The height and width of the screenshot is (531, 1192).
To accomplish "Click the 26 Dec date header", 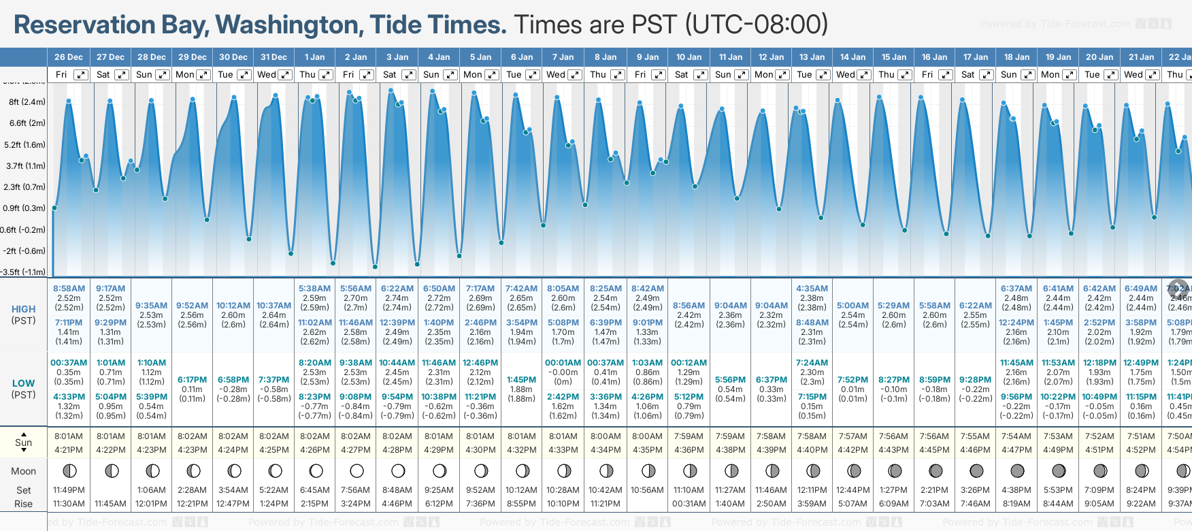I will pyautogui.click(x=69, y=57).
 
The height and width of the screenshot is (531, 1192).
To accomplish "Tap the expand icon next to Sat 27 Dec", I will pyautogui.click(x=122, y=75).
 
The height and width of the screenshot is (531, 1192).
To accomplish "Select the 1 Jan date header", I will pyautogui.click(x=314, y=57).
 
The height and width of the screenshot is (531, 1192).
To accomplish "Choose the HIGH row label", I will pyautogui.click(x=24, y=309).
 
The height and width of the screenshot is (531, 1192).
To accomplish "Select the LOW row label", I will pyautogui.click(x=24, y=383).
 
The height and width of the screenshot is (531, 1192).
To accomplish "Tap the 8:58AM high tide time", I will pyautogui.click(x=69, y=289).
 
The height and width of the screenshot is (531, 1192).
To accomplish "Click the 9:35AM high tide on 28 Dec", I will pyautogui.click(x=151, y=306).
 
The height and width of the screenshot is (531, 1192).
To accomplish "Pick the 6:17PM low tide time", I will pyautogui.click(x=193, y=380).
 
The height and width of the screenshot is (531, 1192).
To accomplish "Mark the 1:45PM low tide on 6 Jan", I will pyautogui.click(x=521, y=380).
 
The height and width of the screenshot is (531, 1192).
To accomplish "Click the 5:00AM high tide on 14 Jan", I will pyautogui.click(x=852, y=306).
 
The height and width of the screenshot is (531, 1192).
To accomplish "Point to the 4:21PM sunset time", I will pyautogui.click(x=69, y=450).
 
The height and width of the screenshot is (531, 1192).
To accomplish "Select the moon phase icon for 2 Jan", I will pyautogui.click(x=357, y=470).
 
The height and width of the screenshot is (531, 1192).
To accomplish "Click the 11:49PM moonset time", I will pyautogui.click(x=69, y=490).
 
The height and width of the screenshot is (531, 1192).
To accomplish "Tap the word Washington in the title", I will pyautogui.click(x=287, y=25).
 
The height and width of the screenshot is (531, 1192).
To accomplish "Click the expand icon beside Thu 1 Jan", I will pyautogui.click(x=326, y=75).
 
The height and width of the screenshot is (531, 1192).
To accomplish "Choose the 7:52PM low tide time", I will pyautogui.click(x=852, y=380).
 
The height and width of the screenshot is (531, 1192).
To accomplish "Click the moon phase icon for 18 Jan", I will pyautogui.click(x=1017, y=470).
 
